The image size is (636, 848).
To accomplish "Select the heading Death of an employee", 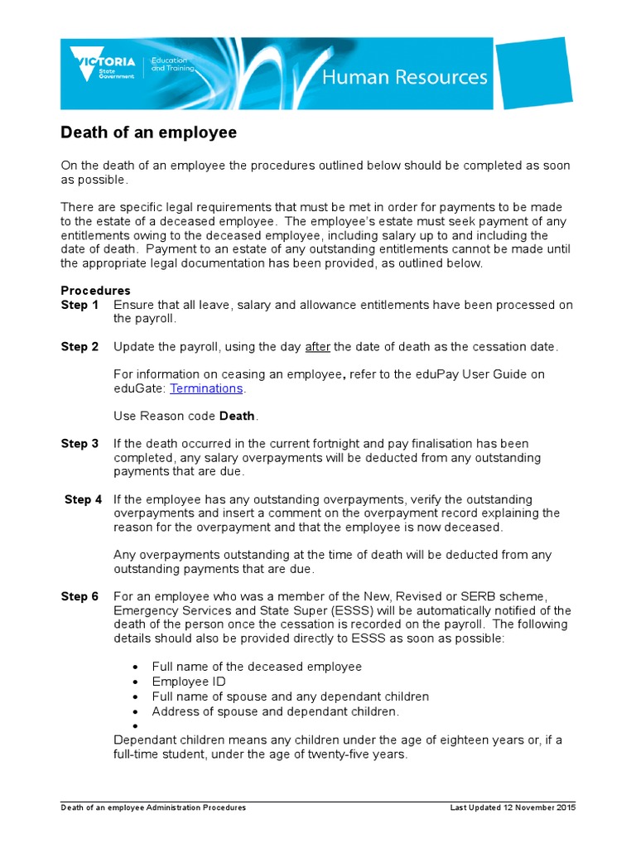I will tap(149, 132).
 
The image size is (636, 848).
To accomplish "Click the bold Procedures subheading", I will tap(95, 291).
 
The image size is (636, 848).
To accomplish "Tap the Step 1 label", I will tap(79, 305).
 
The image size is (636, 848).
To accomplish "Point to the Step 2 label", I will tap(79, 346).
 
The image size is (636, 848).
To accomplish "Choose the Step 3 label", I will tap(79, 444).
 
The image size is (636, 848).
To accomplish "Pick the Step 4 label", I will tap(83, 499).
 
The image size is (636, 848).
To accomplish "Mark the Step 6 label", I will tap(79, 596).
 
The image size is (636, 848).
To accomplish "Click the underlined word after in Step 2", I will tap(317, 346).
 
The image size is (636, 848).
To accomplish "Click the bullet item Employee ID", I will tap(189, 682).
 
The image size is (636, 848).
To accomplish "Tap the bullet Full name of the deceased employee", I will tap(257, 667).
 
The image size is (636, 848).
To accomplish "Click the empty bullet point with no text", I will tap(134, 726).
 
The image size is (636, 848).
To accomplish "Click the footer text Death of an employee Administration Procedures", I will tap(153, 807).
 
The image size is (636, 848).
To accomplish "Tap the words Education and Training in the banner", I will tap(172, 65).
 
